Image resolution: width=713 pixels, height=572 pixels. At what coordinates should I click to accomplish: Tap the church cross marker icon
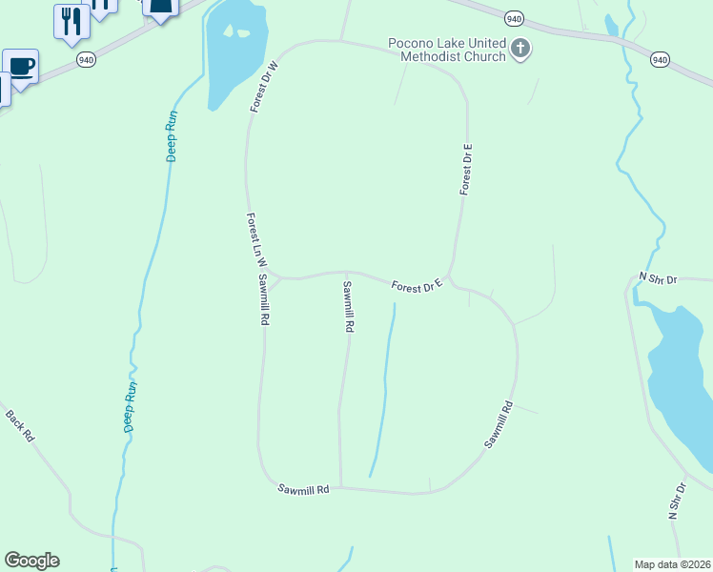point(520,48)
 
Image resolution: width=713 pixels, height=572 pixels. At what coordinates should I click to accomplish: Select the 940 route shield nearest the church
point(514,18)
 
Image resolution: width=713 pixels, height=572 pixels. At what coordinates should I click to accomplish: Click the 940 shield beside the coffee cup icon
point(87,59)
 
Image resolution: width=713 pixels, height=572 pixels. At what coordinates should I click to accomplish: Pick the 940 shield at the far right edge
point(660,59)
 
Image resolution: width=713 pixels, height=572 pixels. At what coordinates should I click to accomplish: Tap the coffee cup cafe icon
point(21,66)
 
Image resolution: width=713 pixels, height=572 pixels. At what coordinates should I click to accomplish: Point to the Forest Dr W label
point(264,87)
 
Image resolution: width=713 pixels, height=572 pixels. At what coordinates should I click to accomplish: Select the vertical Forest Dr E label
point(466,170)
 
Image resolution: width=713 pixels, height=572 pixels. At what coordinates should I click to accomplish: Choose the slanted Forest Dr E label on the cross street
point(417,284)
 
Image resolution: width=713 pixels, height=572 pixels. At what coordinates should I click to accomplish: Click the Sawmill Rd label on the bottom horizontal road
point(303,489)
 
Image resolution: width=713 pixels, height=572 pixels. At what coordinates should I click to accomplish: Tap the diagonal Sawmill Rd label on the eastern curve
point(499,425)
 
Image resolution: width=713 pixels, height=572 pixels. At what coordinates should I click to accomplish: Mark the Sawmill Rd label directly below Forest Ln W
point(262,300)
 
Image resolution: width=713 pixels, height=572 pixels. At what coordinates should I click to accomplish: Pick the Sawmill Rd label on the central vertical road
point(348,306)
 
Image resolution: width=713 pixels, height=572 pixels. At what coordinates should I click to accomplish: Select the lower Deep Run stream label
point(131,407)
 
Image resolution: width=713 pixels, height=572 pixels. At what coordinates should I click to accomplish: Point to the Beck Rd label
point(20,425)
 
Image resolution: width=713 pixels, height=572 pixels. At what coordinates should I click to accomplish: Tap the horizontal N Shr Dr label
point(657,279)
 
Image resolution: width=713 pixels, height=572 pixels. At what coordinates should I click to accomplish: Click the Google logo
point(31,561)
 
